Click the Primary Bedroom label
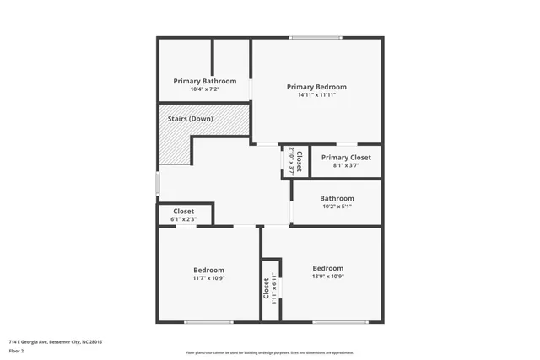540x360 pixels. pos(316,87)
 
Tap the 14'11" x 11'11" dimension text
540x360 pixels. pos(316,95)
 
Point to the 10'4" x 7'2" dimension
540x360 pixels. pos(204,89)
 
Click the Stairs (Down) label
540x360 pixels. pos(189,119)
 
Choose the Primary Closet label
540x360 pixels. pos(346,158)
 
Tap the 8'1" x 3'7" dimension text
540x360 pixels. pos(346,165)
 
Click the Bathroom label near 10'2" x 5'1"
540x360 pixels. pos(337,199)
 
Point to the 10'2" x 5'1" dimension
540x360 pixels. pos(336,207)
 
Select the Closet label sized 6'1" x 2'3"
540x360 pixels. pos(183,212)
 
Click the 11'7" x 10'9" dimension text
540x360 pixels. pos(208,278)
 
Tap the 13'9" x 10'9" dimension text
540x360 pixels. pos(327,276)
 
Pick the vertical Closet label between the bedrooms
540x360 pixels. pos(266,290)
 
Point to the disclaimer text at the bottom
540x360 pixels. pos(269,352)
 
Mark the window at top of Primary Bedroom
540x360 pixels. pos(316,37)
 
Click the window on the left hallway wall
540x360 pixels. pos(158,184)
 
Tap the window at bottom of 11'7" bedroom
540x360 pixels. pos(208,322)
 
